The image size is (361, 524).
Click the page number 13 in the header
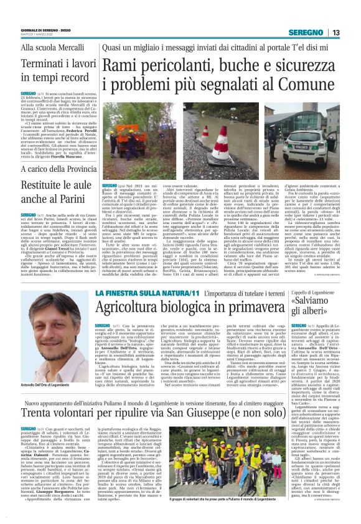pyautogui.click(x=335, y=32)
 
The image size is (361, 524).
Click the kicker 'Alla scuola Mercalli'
pyautogui.click(x=47, y=47)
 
